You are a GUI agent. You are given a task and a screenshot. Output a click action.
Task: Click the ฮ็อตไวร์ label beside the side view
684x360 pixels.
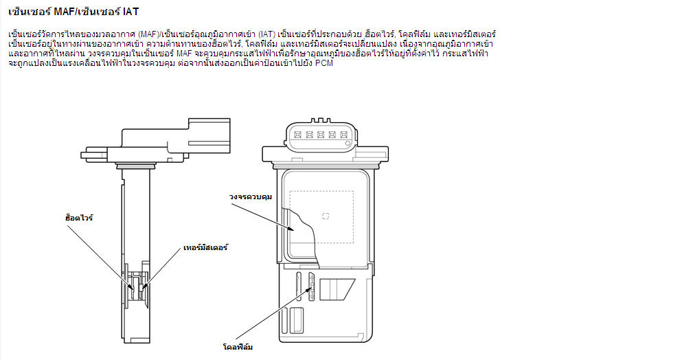click(79, 217)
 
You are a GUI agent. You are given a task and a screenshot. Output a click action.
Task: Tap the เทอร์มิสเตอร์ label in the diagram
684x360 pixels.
click(205, 247)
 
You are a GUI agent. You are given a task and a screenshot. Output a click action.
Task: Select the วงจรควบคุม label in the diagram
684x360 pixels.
click(251, 196)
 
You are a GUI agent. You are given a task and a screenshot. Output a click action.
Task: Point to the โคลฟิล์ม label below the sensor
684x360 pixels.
click(238, 347)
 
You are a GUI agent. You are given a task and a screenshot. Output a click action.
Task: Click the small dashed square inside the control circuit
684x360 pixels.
click(326, 216)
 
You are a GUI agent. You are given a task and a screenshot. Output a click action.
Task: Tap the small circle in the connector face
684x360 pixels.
click(347, 143)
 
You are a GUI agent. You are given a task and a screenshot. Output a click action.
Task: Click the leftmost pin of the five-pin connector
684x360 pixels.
click(297, 135)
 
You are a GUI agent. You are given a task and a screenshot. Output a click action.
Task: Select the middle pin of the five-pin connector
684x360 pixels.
click(321, 135)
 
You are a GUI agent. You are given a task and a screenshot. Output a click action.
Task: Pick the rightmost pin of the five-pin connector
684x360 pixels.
click(344, 135)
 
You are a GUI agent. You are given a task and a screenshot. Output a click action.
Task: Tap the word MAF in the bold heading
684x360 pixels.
click(64, 12)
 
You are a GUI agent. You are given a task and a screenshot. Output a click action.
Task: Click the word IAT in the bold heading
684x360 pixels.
click(130, 12)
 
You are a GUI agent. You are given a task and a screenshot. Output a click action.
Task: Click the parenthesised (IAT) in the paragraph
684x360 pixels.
click(266, 34)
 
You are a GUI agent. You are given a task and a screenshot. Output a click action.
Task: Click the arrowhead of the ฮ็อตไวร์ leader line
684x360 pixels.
click(133, 287)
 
